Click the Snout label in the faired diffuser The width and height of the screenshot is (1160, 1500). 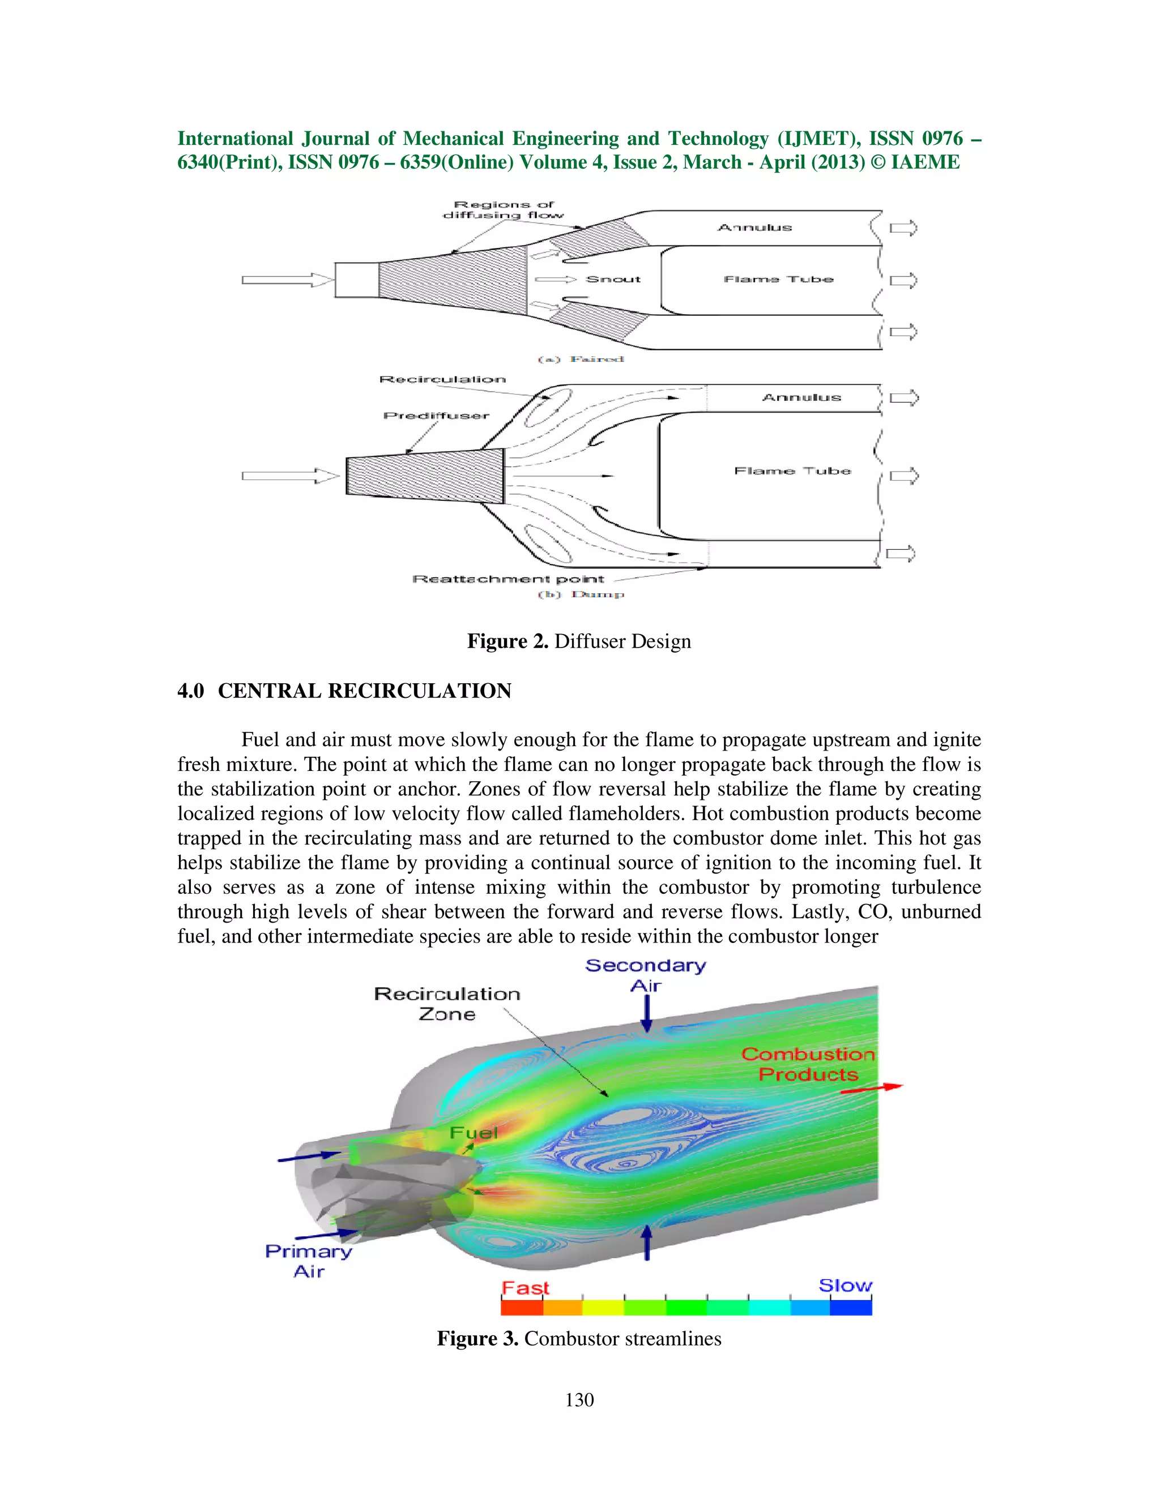pyautogui.click(x=612, y=279)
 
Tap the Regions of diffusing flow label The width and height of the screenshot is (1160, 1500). pyautogui.click(x=504, y=209)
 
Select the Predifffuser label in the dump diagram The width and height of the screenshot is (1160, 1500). pyautogui.click(x=436, y=415)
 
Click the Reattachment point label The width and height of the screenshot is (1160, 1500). pyautogui.click(x=508, y=579)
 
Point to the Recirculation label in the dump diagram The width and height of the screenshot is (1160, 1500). pyautogui.click(x=442, y=379)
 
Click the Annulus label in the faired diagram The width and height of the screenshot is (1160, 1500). pyautogui.click(x=754, y=228)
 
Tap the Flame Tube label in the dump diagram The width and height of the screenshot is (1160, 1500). pyautogui.click(x=792, y=470)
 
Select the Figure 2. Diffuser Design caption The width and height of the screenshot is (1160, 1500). pyautogui.click(x=579, y=641)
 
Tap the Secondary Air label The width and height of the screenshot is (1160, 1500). pyautogui.click(x=645, y=975)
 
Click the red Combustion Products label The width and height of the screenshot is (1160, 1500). pyautogui.click(x=808, y=1064)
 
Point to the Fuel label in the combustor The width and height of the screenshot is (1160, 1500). pyautogui.click(x=474, y=1132)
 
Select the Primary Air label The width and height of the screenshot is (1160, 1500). pyautogui.click(x=309, y=1261)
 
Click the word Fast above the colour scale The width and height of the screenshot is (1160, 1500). pyautogui.click(x=525, y=1288)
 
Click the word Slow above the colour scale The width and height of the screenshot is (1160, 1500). pyautogui.click(x=845, y=1285)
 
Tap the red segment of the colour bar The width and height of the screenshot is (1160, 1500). pyautogui.click(x=522, y=1307)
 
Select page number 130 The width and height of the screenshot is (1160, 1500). pyautogui.click(x=579, y=1400)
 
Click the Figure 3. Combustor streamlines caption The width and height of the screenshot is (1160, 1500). pyautogui.click(x=579, y=1339)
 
